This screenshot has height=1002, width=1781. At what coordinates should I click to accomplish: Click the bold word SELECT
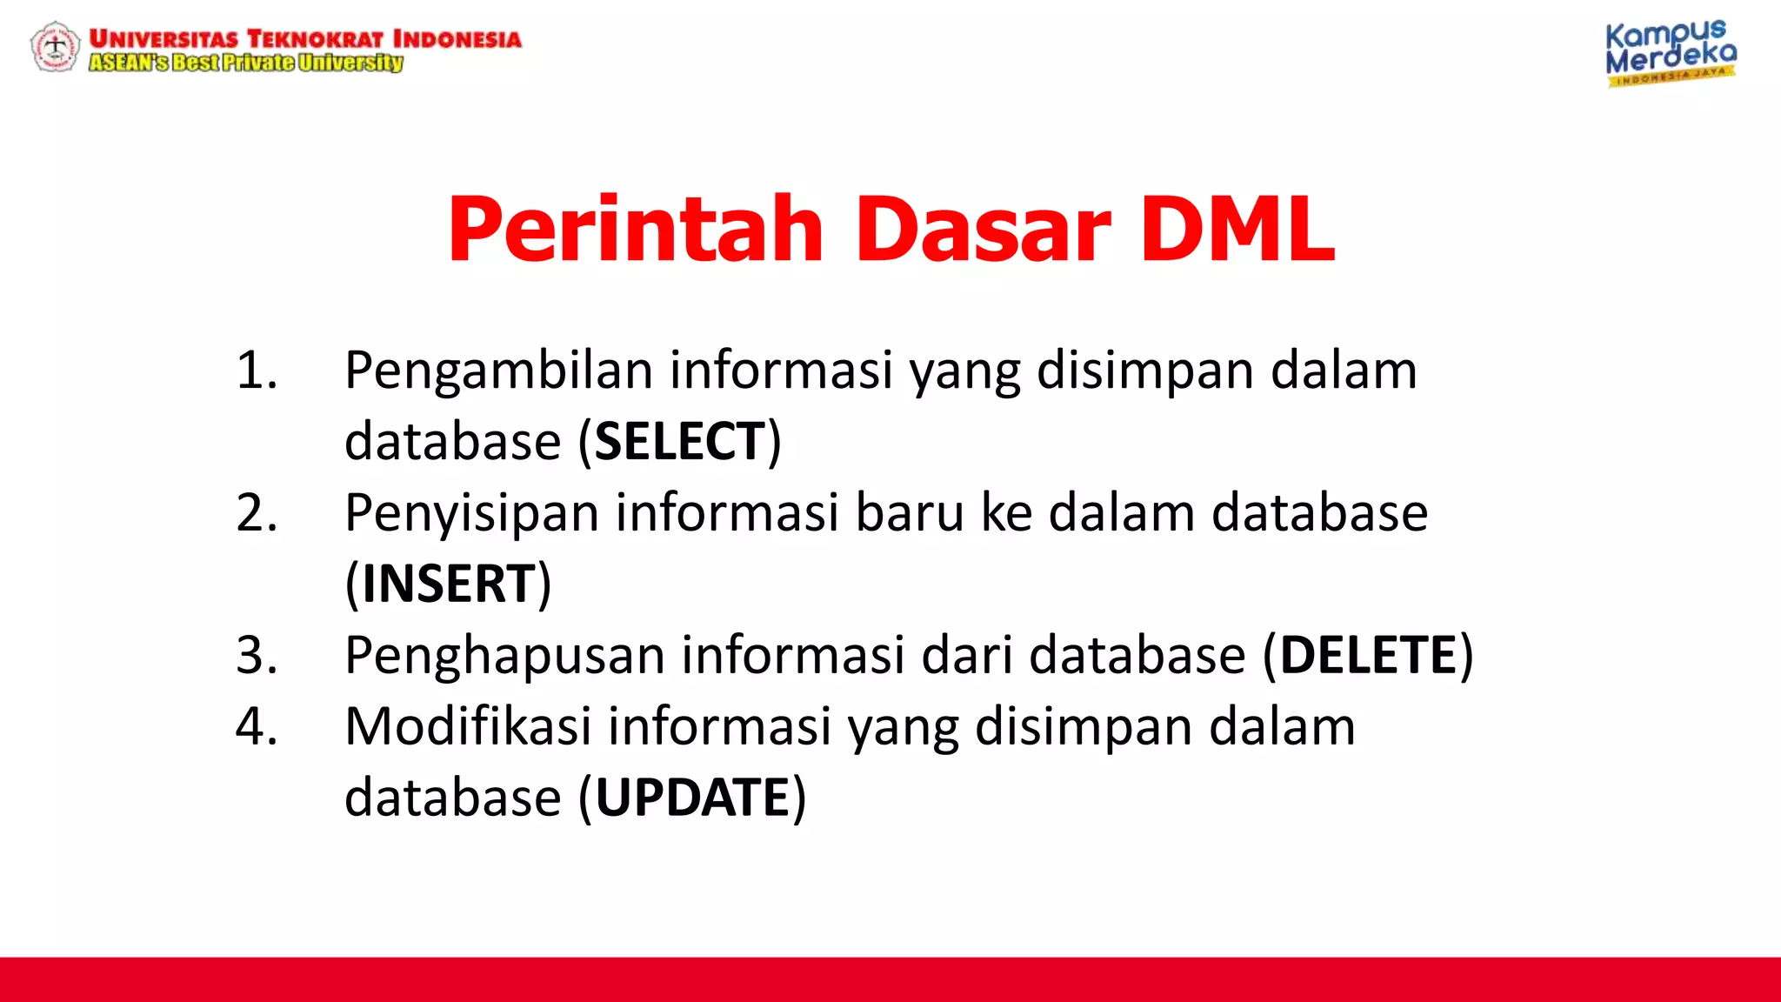[679, 441]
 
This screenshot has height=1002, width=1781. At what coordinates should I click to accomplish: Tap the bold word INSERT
[448, 583]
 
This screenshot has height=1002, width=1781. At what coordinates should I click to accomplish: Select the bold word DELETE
[1368, 655]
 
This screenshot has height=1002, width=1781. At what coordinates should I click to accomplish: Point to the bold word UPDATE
[692, 797]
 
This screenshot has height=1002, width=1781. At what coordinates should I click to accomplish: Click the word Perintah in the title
[635, 229]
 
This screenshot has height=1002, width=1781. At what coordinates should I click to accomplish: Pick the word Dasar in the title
[983, 229]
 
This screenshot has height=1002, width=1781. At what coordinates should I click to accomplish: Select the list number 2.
[257, 512]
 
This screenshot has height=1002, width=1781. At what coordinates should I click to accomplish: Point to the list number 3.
[257, 655]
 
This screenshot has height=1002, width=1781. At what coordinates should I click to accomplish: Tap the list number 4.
[257, 726]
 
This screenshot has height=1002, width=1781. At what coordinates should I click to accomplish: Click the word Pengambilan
[498, 371]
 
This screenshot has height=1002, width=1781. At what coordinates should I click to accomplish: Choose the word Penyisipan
[471, 513]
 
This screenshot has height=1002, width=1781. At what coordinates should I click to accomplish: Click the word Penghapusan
[504, 656]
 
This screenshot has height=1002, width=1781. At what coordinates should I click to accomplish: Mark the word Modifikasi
[468, 726]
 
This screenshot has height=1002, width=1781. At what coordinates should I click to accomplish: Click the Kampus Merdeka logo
[1670, 53]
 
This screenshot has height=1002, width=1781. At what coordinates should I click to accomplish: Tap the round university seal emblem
[55, 46]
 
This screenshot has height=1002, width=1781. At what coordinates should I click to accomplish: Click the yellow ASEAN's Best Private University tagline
[246, 63]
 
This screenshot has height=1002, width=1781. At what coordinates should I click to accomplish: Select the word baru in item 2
[910, 512]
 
